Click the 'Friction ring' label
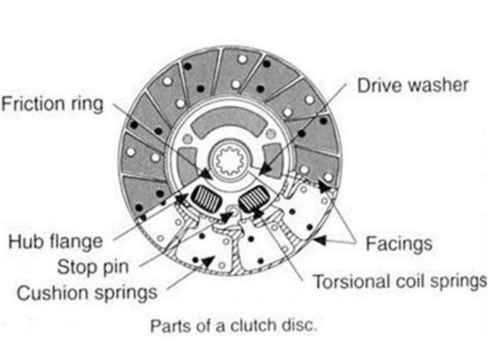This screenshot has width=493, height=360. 52,105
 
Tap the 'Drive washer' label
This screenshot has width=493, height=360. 412,86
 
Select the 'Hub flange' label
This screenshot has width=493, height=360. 55,241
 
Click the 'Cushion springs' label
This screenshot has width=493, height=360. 87,291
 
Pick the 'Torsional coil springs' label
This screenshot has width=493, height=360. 399,282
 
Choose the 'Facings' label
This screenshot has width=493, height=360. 399,243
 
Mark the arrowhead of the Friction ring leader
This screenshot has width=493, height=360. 207,172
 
